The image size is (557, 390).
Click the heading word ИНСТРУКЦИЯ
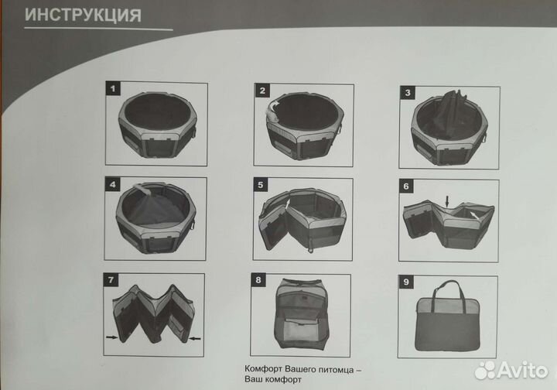coord(83,15)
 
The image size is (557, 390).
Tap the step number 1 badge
coord(113,88)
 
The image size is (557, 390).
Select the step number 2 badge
coord(262,91)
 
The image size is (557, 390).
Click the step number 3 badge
coord(408,93)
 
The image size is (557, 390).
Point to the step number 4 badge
coord(112,184)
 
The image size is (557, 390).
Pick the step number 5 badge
coord(261,185)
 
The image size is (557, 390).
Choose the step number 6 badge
coord(406,186)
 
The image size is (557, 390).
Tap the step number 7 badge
coord(111,280)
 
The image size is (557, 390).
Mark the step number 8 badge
coord(258,280)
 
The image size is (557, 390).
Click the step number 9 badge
coord(406,282)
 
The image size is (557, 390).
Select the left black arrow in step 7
coord(112,337)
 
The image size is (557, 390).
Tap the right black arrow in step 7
coord(195,338)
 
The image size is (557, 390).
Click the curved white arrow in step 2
coord(274,105)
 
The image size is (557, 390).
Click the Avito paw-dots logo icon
coord(485,370)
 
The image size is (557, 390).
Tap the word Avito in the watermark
coord(522,371)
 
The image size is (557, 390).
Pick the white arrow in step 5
coord(288,204)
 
